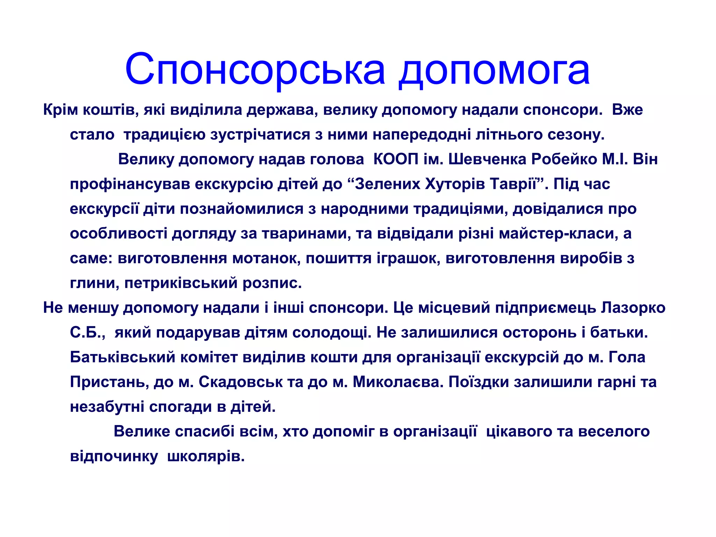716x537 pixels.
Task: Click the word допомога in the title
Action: pos(494,70)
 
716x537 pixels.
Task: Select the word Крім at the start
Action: pos(60,110)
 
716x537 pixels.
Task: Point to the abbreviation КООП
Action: pos(396,159)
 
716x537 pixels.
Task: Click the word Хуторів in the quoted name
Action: pos(454,184)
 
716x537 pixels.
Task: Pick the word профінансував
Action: pos(129,184)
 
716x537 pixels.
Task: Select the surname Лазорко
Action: pos(633,308)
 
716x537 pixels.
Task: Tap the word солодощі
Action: pos(332,332)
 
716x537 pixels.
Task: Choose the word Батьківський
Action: pos(122,357)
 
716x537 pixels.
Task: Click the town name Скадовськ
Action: pos(241,382)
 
